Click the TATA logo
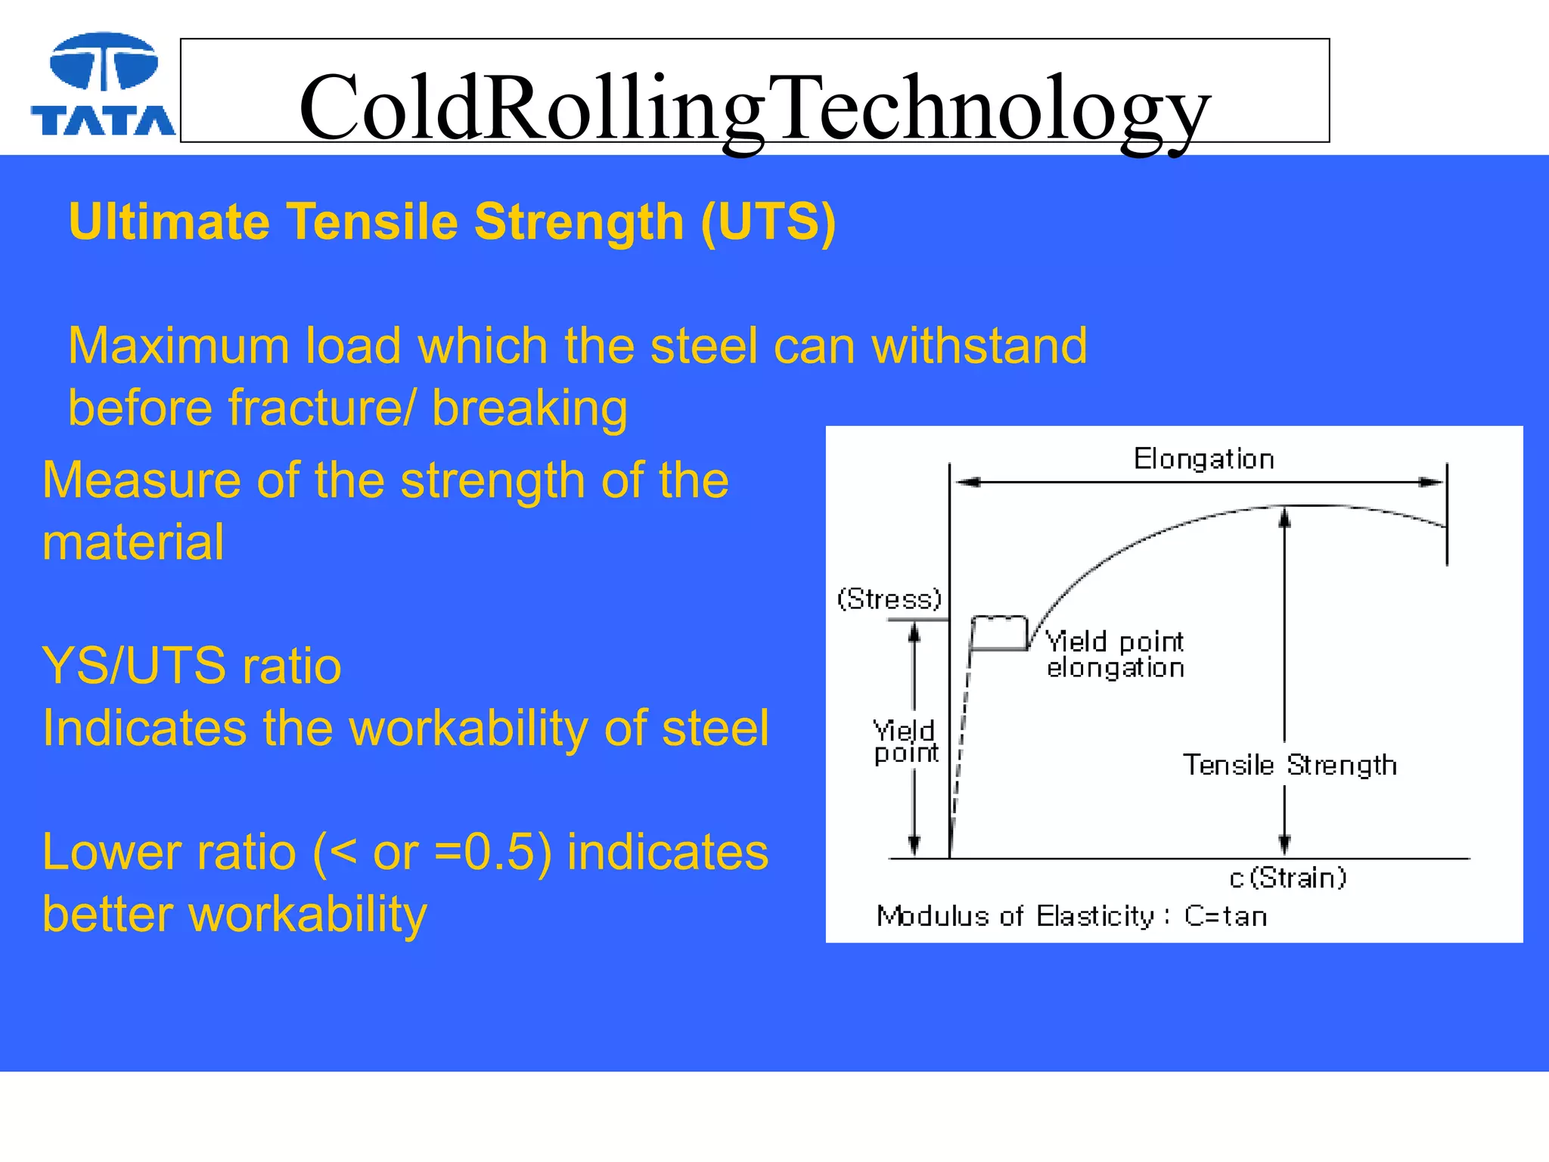[103, 85]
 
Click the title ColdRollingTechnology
[754, 107]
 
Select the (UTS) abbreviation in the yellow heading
[768, 222]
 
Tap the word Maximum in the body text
[178, 346]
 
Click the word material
[133, 542]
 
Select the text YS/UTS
[133, 666]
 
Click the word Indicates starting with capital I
[144, 729]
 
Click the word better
[107, 915]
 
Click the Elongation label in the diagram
[1203, 459]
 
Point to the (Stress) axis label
[889, 599]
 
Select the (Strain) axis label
[1296, 878]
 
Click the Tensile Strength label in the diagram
[1289, 765]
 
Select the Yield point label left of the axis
[905, 742]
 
